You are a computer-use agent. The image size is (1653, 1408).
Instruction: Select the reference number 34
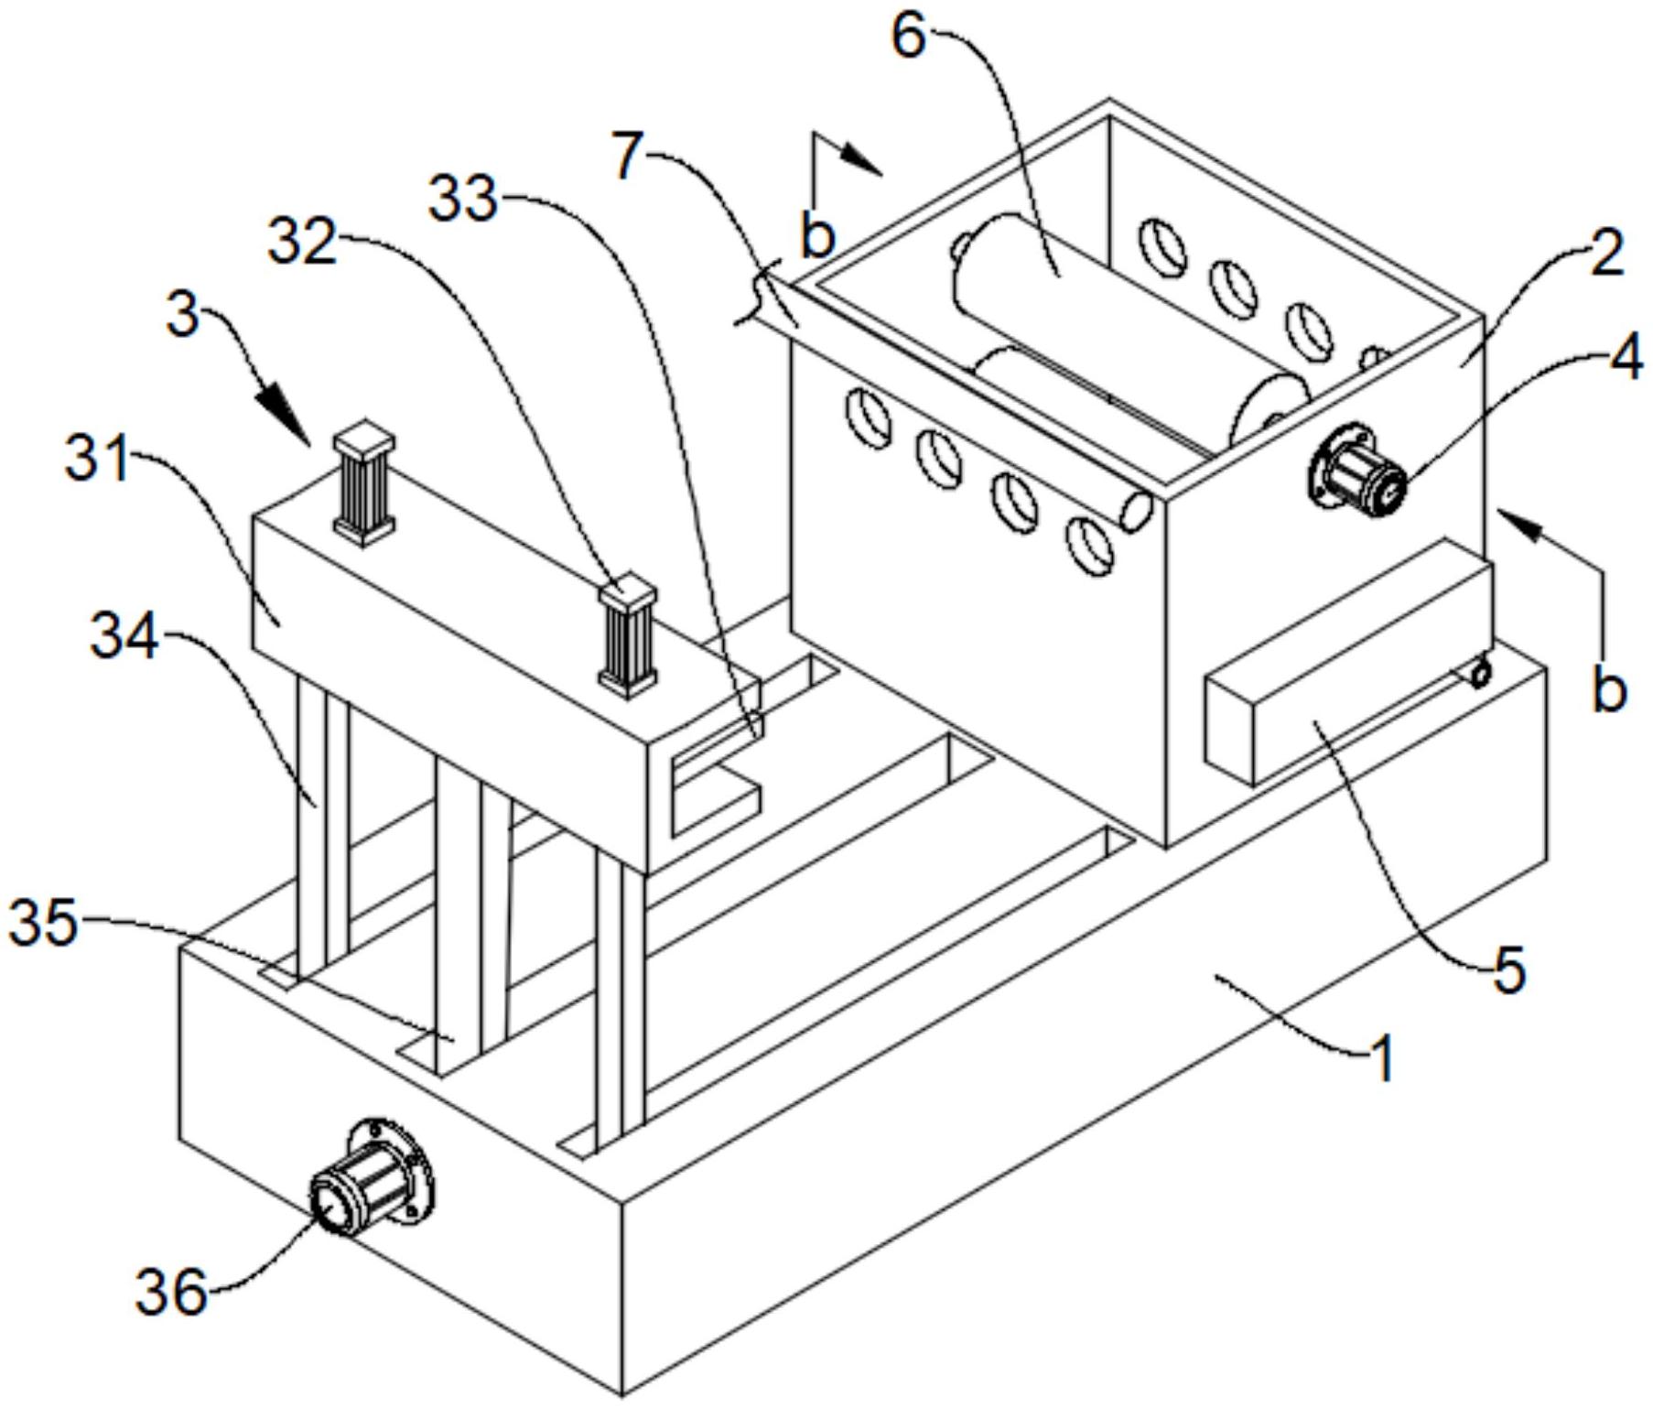click(x=124, y=639)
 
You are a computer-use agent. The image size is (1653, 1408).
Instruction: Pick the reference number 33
click(x=464, y=200)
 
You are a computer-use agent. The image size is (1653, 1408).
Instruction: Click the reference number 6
click(x=909, y=39)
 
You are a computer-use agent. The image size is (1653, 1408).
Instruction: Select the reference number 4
click(x=1626, y=361)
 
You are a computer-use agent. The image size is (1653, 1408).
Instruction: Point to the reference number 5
click(x=1509, y=969)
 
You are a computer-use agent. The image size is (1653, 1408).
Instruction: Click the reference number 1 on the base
click(x=1382, y=1058)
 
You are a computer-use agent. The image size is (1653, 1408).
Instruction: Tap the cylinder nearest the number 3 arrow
click(x=364, y=483)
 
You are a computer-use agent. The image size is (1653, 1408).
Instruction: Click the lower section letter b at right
click(x=1608, y=690)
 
